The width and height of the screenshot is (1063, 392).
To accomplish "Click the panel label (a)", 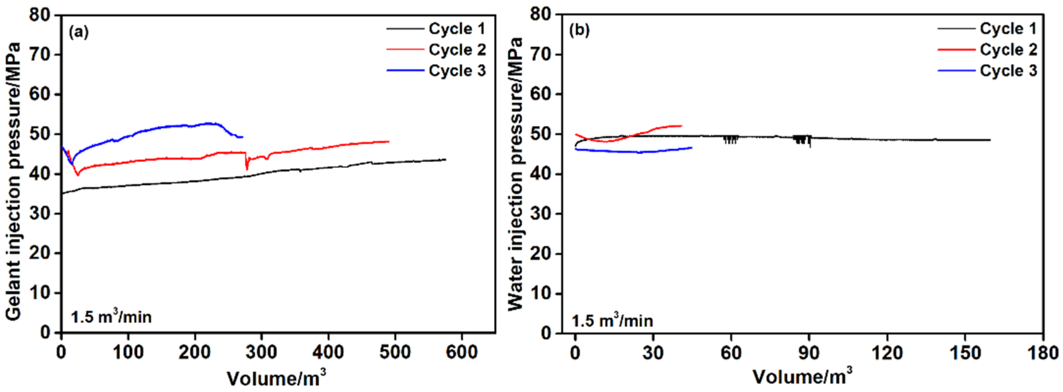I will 79,32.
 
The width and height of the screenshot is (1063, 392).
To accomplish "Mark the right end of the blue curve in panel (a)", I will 242,137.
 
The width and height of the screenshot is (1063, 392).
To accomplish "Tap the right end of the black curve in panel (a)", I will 445,160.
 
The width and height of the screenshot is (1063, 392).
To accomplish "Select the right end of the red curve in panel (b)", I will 682,126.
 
